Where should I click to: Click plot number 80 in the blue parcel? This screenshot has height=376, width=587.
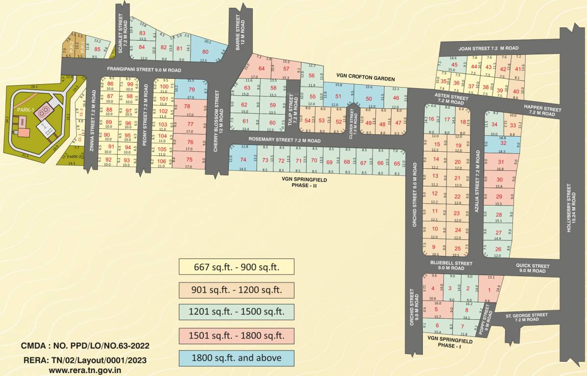click(205, 52)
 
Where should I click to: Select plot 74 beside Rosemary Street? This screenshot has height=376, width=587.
click(243, 160)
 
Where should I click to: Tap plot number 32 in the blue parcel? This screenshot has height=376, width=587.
click(503, 143)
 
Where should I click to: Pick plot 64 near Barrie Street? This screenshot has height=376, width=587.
click(262, 69)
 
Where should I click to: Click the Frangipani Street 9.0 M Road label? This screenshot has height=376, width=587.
click(141, 70)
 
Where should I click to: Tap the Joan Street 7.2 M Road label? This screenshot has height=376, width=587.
click(488, 48)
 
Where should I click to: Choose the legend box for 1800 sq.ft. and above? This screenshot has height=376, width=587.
click(237, 358)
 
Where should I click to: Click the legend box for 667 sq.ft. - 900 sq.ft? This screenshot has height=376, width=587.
click(237, 267)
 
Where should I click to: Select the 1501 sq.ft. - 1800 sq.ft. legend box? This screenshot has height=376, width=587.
click(237, 335)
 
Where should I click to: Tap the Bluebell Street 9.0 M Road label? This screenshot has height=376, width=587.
click(451, 265)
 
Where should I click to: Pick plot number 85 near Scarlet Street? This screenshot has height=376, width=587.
click(97, 49)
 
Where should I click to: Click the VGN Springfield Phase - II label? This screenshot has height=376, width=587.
click(304, 182)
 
